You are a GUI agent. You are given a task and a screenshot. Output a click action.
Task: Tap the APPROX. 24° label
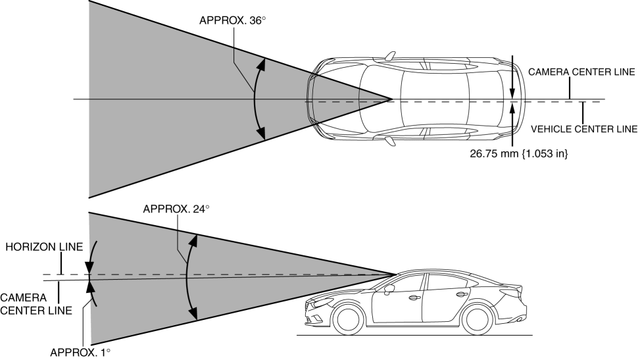click(x=174, y=209)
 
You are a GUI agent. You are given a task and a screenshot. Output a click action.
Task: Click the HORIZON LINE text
click(x=43, y=247)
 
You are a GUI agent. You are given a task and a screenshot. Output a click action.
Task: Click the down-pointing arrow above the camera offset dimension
click(x=513, y=91)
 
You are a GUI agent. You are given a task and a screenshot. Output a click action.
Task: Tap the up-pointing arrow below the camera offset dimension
click(x=513, y=109)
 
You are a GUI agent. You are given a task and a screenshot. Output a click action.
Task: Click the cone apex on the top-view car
click(x=392, y=99)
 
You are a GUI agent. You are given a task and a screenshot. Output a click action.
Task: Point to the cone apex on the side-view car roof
click(x=397, y=274)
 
